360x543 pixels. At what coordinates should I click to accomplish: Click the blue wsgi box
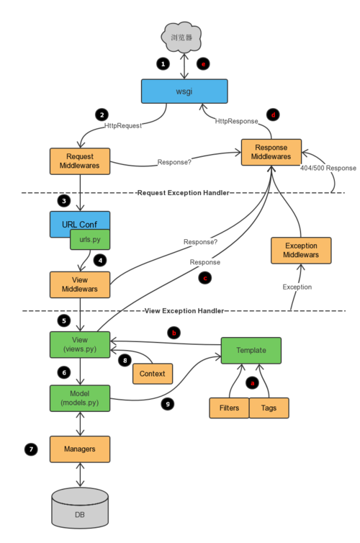[184, 91]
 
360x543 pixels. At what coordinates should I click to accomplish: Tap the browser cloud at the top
[181, 37]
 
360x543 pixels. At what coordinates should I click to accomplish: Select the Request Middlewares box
[80, 161]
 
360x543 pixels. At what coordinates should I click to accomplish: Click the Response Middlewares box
[271, 152]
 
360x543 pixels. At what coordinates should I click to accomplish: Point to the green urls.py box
[90, 239]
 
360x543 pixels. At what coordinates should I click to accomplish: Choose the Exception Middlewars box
[301, 251]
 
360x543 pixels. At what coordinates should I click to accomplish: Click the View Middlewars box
[80, 284]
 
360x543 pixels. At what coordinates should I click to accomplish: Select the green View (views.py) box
[80, 344]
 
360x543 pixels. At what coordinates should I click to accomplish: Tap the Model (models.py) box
[80, 398]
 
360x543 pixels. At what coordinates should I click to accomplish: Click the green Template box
[251, 351]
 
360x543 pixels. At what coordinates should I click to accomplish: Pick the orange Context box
[153, 374]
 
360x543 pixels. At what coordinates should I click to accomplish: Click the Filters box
[229, 408]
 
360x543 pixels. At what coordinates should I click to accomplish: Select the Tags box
[269, 408]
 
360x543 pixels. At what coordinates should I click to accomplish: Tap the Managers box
[80, 449]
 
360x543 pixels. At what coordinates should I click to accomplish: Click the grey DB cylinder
[80, 508]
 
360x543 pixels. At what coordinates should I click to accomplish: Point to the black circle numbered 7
[31, 449]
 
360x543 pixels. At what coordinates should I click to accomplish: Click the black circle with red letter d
[273, 115]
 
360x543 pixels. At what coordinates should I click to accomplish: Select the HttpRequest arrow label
[123, 126]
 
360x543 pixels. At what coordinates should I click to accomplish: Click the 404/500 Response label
[328, 168]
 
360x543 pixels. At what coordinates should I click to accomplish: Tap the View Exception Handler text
[184, 310]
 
